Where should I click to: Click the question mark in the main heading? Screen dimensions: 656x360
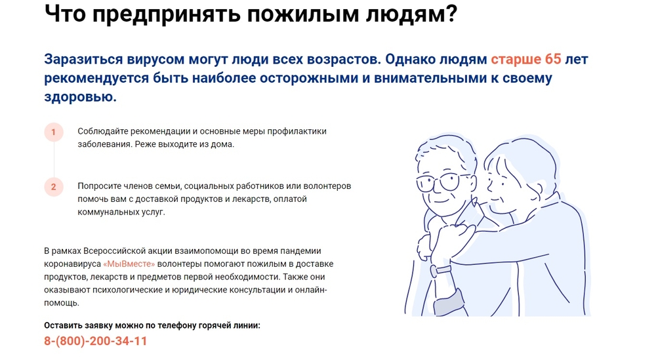450,13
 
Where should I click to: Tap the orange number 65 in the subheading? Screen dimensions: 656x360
552,59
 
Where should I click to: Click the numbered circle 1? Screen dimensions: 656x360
54,132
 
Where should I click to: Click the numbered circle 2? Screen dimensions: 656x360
54,187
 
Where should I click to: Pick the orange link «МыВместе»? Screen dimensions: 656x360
129,264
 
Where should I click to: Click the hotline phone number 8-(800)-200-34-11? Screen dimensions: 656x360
95,341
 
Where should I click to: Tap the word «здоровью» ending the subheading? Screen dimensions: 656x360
80,97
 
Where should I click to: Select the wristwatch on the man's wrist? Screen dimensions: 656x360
441,270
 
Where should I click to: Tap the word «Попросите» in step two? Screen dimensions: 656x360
96,186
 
